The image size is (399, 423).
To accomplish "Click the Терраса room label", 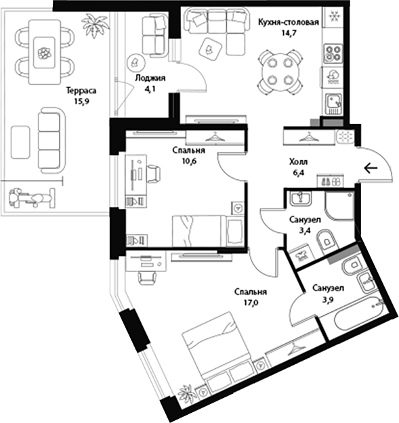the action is pos(81,91).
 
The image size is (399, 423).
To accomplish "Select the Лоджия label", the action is pos(150,78).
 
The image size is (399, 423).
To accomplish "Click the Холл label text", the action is pos(298,162).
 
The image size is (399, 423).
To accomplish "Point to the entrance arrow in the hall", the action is pos(371,169).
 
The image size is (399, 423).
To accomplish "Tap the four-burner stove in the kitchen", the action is pos(333,53).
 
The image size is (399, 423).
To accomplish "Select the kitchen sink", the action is pos(334,104).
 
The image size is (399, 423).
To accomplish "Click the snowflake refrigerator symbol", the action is pos(334,17).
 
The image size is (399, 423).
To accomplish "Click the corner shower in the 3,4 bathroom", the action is pos(339,206).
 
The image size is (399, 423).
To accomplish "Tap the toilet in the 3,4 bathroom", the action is pos(327,242).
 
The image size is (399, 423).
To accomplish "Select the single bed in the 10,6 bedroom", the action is pos(208,231).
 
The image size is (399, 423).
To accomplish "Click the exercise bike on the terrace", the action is pos(32,198).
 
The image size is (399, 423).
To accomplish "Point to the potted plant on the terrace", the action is pos(95,24).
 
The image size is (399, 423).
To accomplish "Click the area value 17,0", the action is pos(251,303).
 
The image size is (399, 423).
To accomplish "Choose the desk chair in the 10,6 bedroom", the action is pos(153,174).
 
